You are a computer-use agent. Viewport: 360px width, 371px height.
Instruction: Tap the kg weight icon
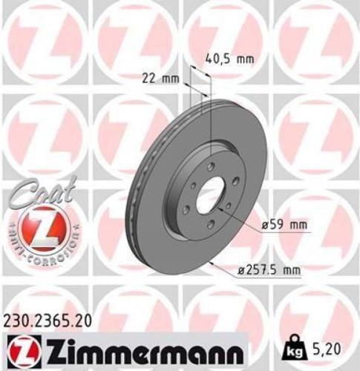click(x=293, y=346)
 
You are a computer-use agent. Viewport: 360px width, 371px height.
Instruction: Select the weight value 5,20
click(x=327, y=346)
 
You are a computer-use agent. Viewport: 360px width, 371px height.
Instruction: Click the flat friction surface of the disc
click(x=163, y=223)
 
